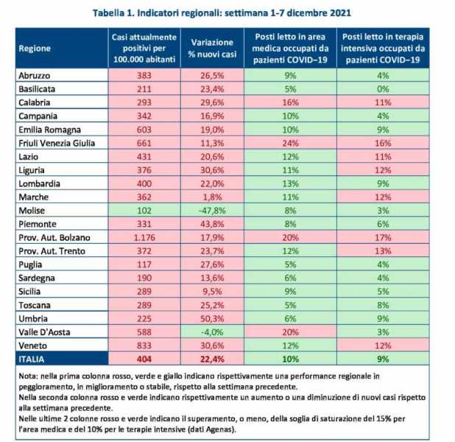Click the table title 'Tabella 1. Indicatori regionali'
click(158, 13)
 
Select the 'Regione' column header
click(35, 48)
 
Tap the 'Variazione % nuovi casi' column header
click(212, 48)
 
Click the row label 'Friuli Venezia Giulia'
click(57, 143)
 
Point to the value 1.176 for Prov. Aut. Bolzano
click(144, 237)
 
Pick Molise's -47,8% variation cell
click(212, 211)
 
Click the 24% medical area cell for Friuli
click(290, 143)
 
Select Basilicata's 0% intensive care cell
click(383, 89)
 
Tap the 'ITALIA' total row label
click(32, 359)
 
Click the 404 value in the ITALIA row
click(144, 359)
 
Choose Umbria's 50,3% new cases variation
click(212, 318)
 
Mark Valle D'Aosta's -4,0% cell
click(212, 332)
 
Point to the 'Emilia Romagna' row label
click(49, 130)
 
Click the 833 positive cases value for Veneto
click(144, 345)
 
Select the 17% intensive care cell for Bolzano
click(383, 237)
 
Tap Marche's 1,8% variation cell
click(212, 197)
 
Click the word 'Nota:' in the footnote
click(29, 376)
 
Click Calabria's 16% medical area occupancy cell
click(290, 102)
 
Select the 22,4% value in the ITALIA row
click(212, 359)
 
